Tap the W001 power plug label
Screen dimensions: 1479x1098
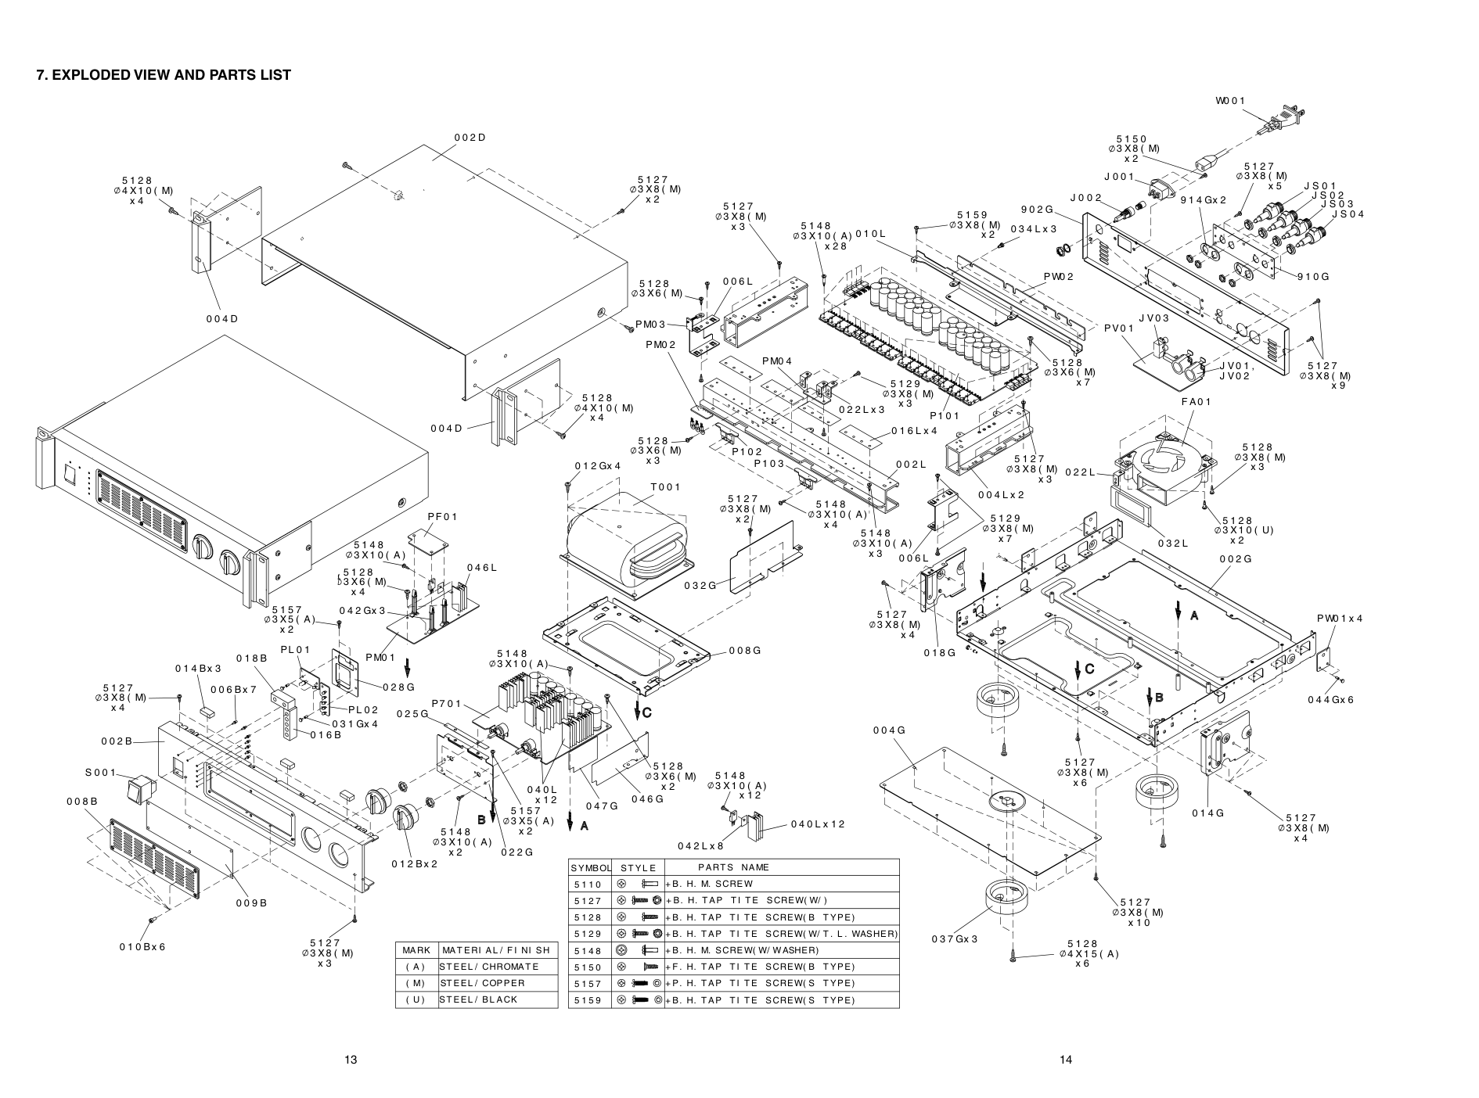pyautogui.click(x=1230, y=100)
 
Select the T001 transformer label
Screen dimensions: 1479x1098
pyautogui.click(x=665, y=486)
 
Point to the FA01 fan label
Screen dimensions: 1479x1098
pyautogui.click(x=1196, y=402)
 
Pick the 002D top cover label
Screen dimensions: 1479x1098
pyautogui.click(x=470, y=138)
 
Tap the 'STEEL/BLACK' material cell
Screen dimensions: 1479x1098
pyautogui.click(x=478, y=999)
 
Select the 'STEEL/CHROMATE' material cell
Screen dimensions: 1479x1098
pyautogui.click(x=489, y=967)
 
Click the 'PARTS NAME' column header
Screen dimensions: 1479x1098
pyautogui.click(x=733, y=867)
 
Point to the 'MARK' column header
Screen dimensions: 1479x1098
pyautogui.click(x=416, y=950)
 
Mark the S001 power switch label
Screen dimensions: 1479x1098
pyautogui.click(x=100, y=773)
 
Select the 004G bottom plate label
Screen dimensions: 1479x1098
pyautogui.click(x=890, y=730)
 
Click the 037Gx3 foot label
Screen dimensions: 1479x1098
pyautogui.click(x=955, y=938)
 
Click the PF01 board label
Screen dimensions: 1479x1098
pyautogui.click(x=442, y=516)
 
